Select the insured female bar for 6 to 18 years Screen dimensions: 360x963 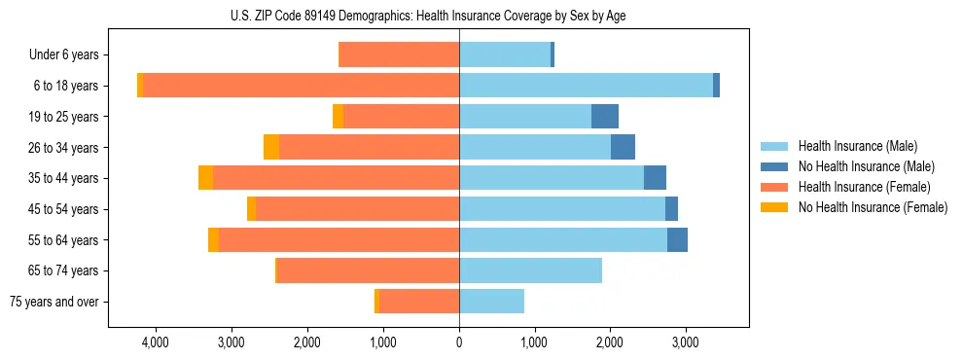pos(302,86)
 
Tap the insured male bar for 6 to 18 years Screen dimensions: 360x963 pos(586,86)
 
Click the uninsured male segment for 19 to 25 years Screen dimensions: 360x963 pos(605,116)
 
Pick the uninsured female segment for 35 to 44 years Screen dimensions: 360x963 pos(205,178)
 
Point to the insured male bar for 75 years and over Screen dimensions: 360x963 pos(491,302)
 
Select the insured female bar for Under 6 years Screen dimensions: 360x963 pos(399,54)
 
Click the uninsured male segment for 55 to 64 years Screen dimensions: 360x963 pos(677,240)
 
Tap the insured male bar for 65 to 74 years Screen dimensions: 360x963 pos(530,270)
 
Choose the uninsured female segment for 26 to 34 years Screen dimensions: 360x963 pos(271,147)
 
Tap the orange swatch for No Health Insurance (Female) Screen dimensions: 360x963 pos(775,207)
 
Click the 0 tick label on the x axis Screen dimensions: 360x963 pos(459,342)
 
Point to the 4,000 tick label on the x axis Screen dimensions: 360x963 pos(156,342)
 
